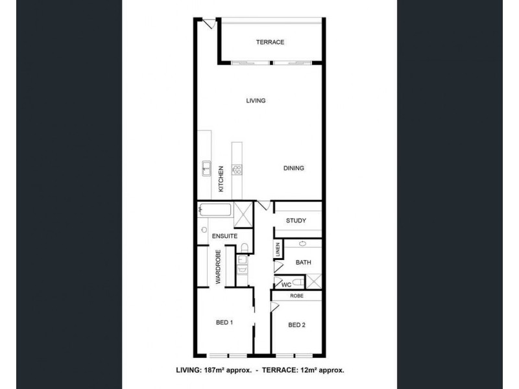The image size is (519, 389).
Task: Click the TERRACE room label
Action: [270, 42]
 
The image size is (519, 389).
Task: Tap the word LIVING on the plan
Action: [256, 100]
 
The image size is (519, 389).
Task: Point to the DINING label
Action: [293, 169]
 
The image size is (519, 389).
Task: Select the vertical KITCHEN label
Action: [221, 178]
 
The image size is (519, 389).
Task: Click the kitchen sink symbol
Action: [206, 169]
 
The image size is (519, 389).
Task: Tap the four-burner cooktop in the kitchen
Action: [237, 170]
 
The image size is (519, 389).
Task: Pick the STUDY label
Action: [296, 221]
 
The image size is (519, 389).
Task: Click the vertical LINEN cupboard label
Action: [277, 250]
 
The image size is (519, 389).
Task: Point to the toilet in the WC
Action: [296, 283]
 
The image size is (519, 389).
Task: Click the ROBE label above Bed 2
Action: [296, 296]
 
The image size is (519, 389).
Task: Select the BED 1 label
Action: [224, 322]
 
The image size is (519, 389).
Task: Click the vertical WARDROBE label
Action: [219, 268]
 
